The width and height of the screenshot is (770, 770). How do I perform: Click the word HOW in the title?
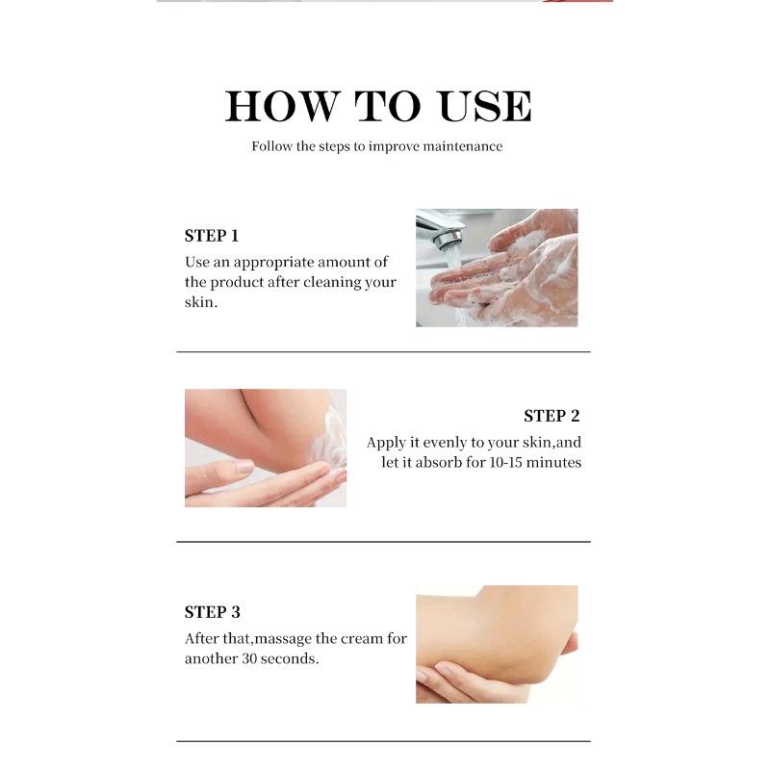point(282,106)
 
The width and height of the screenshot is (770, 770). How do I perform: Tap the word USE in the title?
point(485,106)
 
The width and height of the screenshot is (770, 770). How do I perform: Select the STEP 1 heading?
point(212,236)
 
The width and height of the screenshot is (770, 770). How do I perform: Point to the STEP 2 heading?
point(552,416)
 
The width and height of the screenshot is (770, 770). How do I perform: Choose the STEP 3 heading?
point(213,612)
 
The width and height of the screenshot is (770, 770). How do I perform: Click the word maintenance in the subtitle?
point(463,146)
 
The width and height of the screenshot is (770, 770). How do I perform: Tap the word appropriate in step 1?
point(273,263)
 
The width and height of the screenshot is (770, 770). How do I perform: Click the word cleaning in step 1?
point(332,282)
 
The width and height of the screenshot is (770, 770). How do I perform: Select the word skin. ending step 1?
point(201,302)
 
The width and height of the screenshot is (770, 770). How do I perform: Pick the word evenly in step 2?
point(444,443)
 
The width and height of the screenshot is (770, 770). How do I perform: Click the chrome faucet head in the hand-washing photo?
point(446,237)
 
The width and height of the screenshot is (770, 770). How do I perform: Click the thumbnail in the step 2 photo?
point(244,466)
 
